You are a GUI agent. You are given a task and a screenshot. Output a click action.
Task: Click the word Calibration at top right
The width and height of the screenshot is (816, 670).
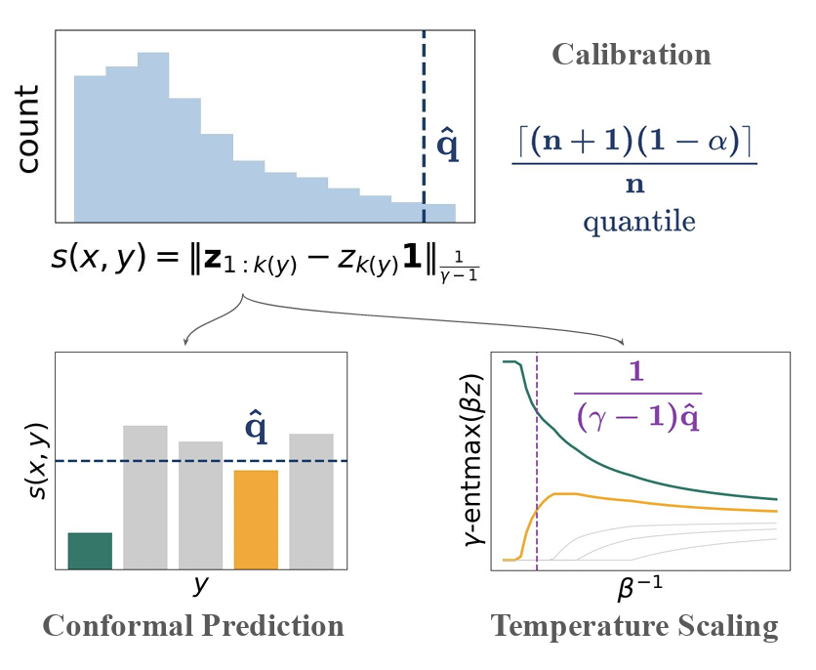[632, 54]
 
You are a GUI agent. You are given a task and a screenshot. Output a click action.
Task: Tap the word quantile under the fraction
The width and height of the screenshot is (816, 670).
[639, 222]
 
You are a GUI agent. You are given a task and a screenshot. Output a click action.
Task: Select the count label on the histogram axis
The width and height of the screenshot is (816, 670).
[28, 128]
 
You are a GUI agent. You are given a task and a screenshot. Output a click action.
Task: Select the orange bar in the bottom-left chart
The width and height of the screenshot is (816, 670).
[256, 519]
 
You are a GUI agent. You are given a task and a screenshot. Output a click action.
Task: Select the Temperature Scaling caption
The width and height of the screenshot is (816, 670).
[634, 626]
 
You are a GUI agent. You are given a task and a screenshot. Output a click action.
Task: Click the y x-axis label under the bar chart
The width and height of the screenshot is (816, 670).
[200, 585]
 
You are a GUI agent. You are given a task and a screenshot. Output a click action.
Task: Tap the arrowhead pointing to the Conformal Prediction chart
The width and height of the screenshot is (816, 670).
[185, 343]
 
